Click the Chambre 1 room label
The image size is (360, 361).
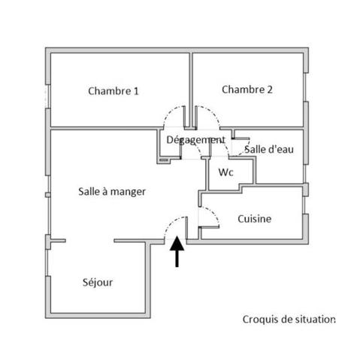coord(113,91)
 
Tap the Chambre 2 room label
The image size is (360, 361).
coord(247,89)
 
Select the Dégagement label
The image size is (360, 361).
coord(195,140)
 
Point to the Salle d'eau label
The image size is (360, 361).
coord(269,150)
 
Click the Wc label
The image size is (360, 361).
coord(225,172)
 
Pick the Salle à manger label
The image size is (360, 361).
coord(112,192)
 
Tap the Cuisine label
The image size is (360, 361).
coord(254,219)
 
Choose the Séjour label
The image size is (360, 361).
coord(98,283)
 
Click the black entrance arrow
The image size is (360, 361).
coord(177,251)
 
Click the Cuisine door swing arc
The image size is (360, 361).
coord(213,213)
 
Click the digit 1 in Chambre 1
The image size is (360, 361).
coord(136,91)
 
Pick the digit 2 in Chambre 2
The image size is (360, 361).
coord(270,89)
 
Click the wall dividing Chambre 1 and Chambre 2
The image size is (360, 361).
coord(191,89)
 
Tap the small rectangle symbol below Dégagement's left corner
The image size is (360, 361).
coord(164,159)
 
